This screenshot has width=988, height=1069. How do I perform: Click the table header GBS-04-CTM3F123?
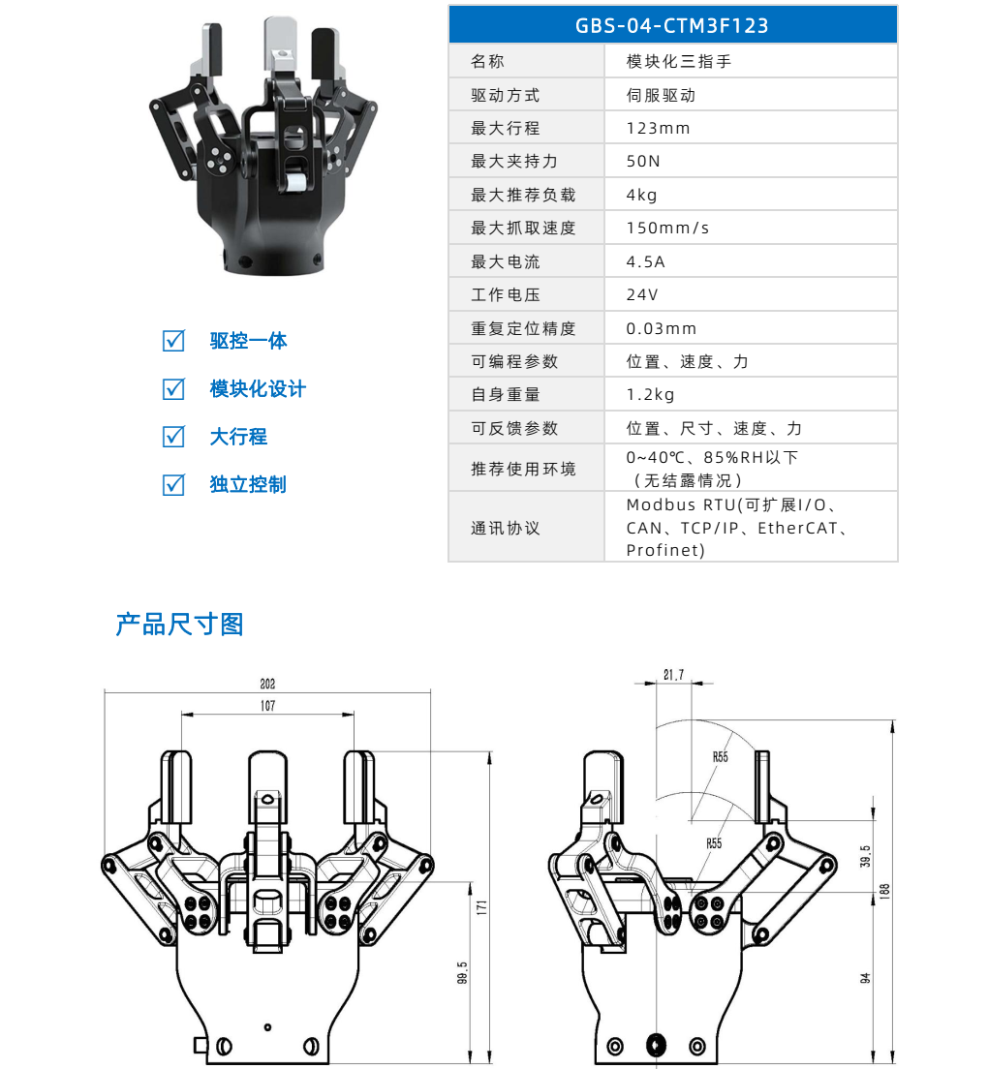coord(672,25)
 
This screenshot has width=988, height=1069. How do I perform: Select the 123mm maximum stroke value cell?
coord(658,128)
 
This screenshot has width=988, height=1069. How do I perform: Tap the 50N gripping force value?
coord(643,162)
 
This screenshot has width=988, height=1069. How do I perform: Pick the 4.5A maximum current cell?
coord(645,261)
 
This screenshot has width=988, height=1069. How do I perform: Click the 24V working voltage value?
coord(642,294)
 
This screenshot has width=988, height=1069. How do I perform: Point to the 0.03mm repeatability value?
coord(662,328)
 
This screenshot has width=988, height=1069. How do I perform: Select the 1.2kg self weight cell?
coord(650,394)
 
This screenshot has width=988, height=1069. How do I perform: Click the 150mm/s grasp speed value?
coord(667,229)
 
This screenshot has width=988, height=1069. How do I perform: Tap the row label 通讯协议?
coord(505,528)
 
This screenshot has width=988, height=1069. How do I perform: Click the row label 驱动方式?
coord(505,95)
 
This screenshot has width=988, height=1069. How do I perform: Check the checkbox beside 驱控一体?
coord(173,341)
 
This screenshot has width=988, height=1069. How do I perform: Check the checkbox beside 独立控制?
coord(173,484)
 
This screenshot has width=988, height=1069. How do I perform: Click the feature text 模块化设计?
coord(258,388)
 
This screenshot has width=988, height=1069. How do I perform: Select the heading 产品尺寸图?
coord(179,625)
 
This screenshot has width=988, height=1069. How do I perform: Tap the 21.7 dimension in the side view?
coord(673,675)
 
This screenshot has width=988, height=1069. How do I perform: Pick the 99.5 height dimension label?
coord(463,972)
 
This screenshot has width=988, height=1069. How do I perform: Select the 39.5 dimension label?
coord(865,855)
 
